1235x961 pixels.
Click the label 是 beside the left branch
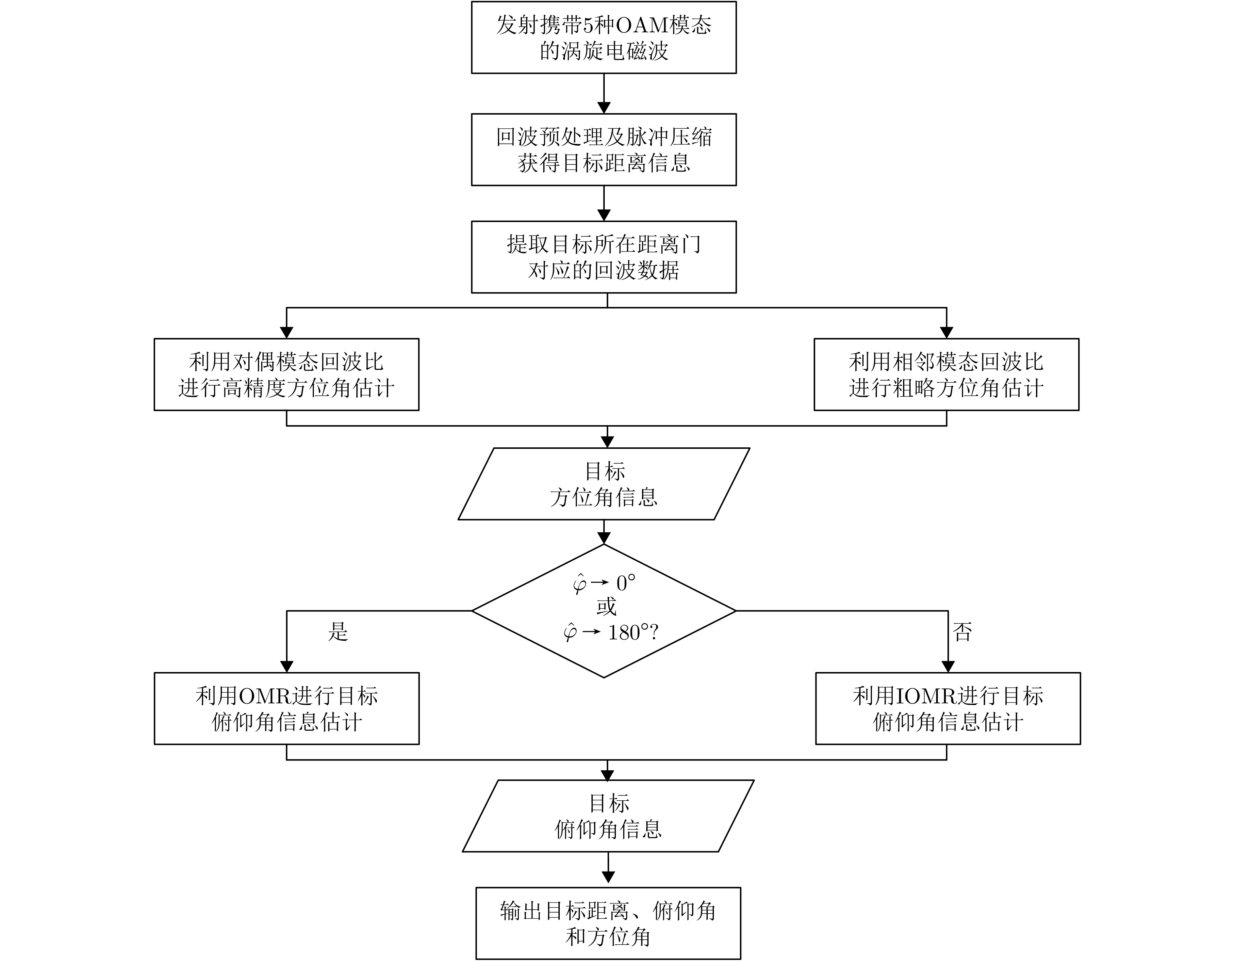tap(338, 632)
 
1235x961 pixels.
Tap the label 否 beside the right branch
tap(963, 632)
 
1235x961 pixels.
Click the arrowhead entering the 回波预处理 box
tap(604, 108)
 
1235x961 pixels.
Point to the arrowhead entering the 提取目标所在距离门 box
tap(604, 216)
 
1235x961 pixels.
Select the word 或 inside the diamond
tap(606, 607)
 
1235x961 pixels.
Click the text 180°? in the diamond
tap(633, 632)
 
